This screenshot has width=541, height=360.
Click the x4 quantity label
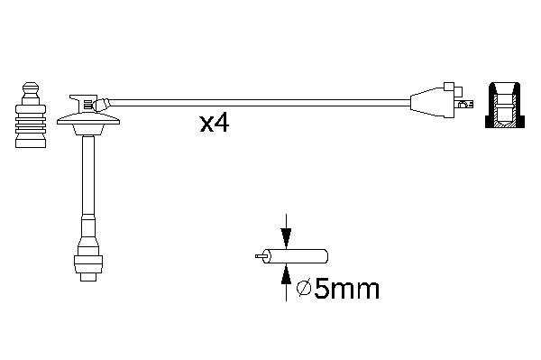click(215, 124)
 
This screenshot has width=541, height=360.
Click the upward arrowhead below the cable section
click(286, 275)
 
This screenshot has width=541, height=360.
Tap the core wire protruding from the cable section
click(260, 256)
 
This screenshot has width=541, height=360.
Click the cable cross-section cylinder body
click(295, 256)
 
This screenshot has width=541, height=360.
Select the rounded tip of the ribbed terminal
click(31, 89)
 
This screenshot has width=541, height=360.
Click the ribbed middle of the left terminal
click(31, 122)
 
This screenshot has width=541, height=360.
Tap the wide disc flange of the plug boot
click(88, 119)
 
